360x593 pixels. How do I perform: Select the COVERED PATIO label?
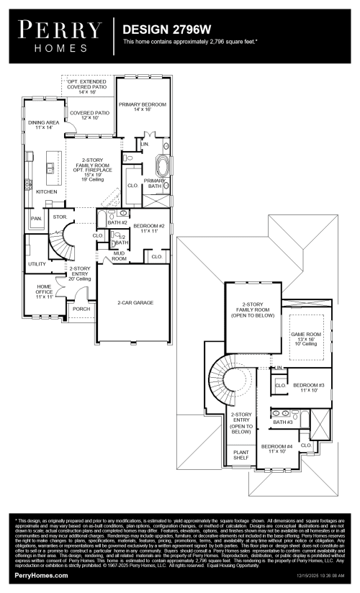coord(90,115)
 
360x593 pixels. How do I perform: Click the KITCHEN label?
coord(46,192)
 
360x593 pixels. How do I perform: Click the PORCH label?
coord(81,309)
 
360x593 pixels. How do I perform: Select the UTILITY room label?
coord(37,264)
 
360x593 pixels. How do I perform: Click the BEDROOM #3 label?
coord(308,387)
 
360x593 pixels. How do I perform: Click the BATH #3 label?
coord(282,422)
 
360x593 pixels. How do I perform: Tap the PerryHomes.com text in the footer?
coord(42,576)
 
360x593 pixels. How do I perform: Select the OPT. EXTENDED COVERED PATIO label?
coord(86,87)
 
